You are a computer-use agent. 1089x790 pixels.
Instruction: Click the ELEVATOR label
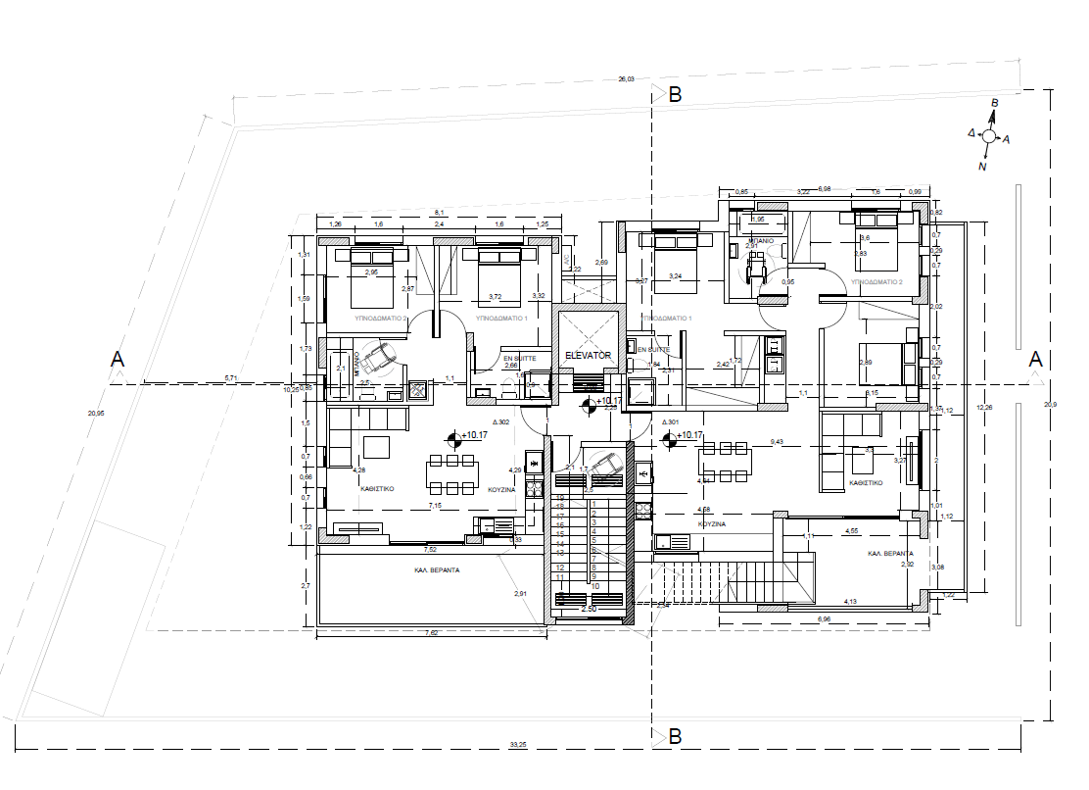(x=588, y=355)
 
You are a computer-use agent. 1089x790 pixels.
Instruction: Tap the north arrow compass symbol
(x=989, y=137)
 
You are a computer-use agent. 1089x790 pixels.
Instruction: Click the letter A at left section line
(x=118, y=359)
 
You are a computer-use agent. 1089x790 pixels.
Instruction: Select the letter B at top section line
(x=674, y=95)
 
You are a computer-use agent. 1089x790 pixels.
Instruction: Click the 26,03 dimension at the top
(x=626, y=79)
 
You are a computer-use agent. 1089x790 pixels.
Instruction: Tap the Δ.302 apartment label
(x=500, y=422)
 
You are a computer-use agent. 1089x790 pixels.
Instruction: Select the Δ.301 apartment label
(x=671, y=422)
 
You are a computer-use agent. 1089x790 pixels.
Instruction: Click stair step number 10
(x=594, y=585)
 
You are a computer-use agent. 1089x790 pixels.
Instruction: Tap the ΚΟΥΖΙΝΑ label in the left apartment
(x=502, y=489)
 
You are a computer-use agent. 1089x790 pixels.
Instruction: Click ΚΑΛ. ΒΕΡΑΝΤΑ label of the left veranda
(x=436, y=568)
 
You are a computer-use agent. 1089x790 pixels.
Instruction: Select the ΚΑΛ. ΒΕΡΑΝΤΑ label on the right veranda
(x=889, y=554)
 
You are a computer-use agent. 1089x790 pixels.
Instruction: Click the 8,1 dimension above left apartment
(x=439, y=213)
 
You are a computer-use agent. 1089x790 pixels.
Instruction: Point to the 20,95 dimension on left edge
(x=95, y=413)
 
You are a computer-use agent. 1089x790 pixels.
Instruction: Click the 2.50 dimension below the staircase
(x=590, y=609)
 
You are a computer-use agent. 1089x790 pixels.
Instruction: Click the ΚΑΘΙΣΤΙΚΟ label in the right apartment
(x=866, y=482)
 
